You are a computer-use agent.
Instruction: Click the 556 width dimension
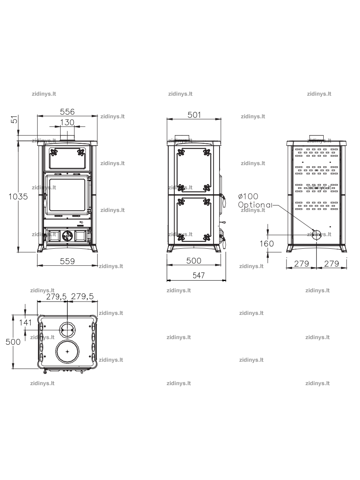pyautogui.click(x=67, y=112)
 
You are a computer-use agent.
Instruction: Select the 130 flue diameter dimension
pyautogui.click(x=67, y=122)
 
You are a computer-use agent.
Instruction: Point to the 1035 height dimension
pyautogui.click(x=18, y=197)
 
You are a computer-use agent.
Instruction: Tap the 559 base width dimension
pyautogui.click(x=67, y=261)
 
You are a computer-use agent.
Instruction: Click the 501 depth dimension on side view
pyautogui.click(x=194, y=115)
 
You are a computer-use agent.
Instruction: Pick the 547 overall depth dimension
pyautogui.click(x=199, y=275)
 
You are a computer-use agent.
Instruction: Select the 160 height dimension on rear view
pyautogui.click(x=267, y=244)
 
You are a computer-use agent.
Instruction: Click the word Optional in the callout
pyautogui.click(x=255, y=205)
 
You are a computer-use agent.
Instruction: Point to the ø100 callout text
pyautogui.click(x=248, y=196)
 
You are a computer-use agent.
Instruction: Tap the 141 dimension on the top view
pyautogui.click(x=25, y=322)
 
